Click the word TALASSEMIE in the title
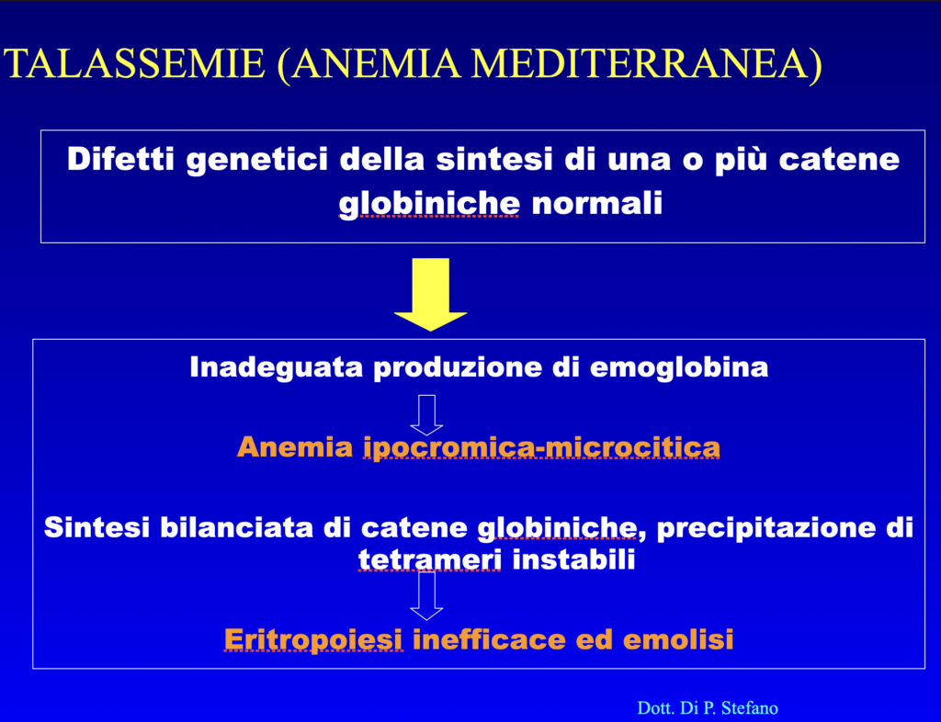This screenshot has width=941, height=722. (134, 63)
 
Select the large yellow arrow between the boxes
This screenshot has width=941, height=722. (430, 295)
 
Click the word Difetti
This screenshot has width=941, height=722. (120, 160)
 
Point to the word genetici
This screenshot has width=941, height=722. (257, 161)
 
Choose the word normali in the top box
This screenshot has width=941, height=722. (597, 204)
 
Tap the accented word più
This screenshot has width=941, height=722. (741, 161)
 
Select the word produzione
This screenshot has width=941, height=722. (458, 367)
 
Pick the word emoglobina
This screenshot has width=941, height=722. (679, 367)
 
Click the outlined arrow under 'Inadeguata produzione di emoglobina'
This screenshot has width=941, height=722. (426, 415)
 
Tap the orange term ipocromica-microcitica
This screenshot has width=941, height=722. (541, 448)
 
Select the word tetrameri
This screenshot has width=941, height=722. (430, 559)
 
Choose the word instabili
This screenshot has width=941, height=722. (573, 559)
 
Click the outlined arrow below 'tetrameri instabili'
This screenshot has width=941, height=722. (426, 596)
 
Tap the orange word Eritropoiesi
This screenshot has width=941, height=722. (312, 640)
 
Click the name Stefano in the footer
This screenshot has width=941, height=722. (749, 708)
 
